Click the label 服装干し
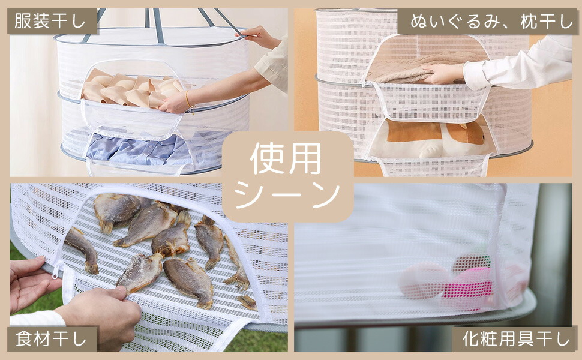click(50, 21)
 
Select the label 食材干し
click(51, 339)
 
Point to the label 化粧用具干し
click(515, 339)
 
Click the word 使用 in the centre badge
click(286, 158)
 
